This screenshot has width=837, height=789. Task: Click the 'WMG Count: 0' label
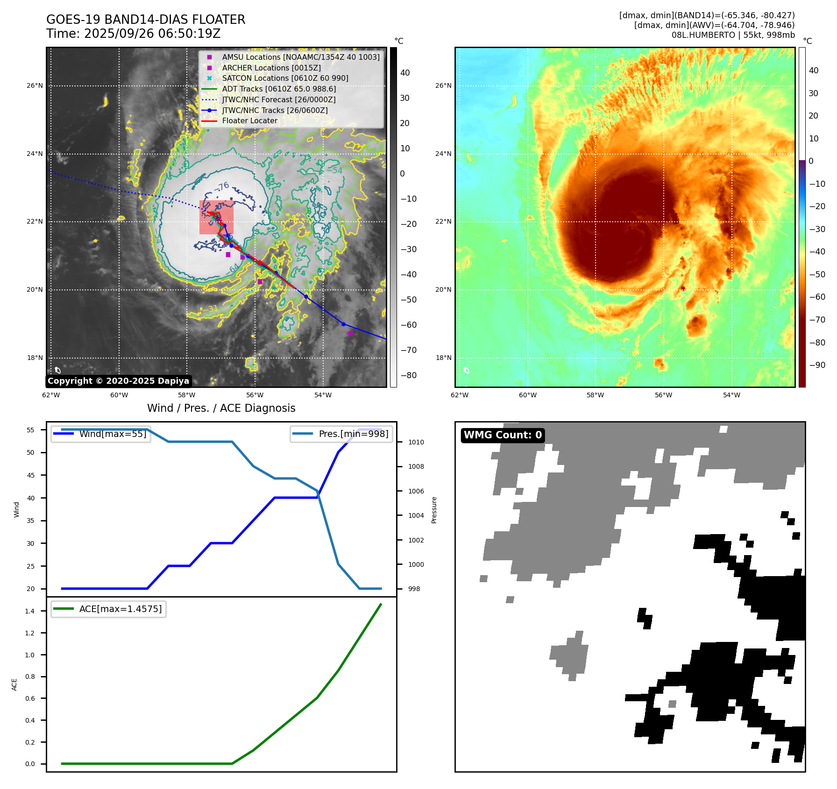[x=503, y=435]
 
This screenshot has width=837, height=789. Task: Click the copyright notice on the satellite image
[x=118, y=381]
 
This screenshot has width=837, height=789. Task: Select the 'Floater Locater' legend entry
[x=249, y=121]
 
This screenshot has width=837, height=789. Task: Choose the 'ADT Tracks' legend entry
[x=279, y=89]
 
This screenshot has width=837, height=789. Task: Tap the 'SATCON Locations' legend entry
[x=285, y=78]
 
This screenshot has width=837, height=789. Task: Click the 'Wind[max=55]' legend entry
[x=113, y=434]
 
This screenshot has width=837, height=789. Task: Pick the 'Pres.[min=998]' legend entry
[x=353, y=434]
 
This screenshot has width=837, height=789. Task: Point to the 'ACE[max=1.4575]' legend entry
[x=121, y=609]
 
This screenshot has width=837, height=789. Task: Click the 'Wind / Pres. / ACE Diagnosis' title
[x=221, y=409]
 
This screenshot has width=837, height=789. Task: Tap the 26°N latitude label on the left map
[x=35, y=86]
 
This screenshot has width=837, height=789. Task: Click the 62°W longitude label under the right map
[x=460, y=395]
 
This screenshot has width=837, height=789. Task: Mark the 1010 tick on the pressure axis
[x=416, y=442]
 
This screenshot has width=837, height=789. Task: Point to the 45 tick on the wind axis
[x=30, y=475]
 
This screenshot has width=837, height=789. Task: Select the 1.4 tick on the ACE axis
[x=30, y=612]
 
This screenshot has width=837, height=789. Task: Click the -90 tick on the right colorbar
[x=817, y=365]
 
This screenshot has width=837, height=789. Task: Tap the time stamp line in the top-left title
[x=133, y=34]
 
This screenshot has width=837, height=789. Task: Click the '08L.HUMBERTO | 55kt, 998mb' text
[x=733, y=35]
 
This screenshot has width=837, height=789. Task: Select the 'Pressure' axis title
[x=434, y=510]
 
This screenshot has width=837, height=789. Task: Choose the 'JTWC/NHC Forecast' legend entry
[x=278, y=100]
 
